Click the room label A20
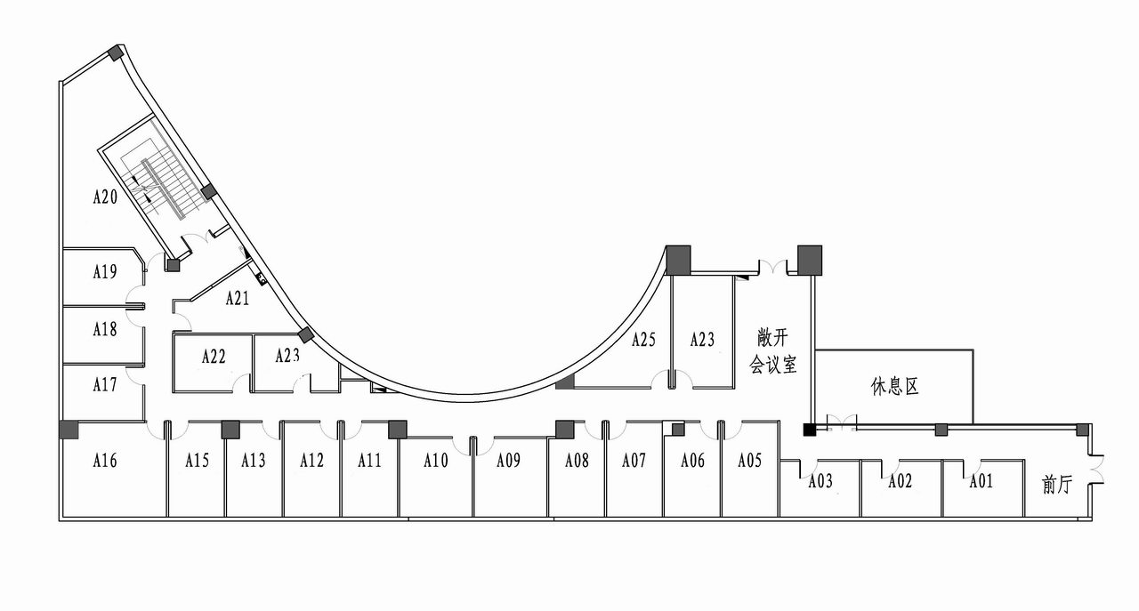pos(105,197)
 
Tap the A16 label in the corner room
pos(105,461)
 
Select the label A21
pos(238,298)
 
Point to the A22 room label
pos(214,357)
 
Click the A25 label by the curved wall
pos(643,340)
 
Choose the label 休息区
pos(895,386)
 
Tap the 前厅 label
pos(1058,485)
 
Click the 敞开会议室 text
pos(773,350)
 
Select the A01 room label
pos(981,481)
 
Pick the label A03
pos(820,481)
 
